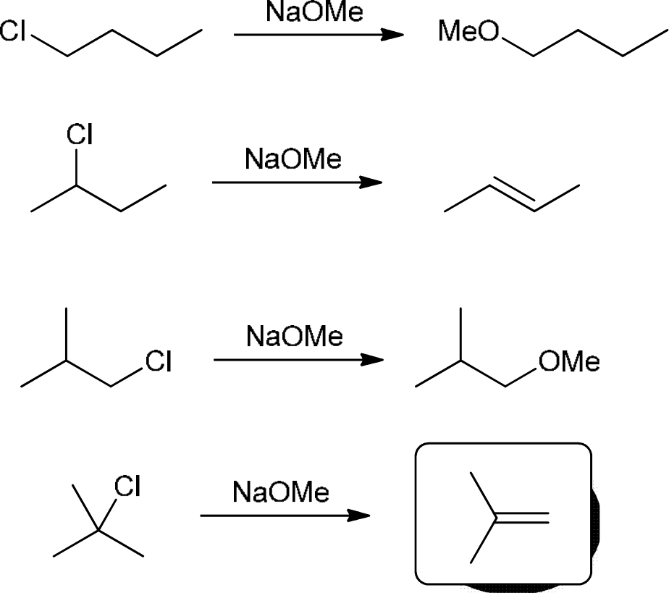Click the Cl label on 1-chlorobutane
pos(16,32)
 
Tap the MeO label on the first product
pos(469,32)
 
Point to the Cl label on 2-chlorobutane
pos(79,135)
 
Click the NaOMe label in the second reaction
pos(293,160)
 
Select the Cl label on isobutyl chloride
pos(158,361)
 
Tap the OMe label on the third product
pos(569,362)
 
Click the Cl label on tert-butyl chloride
pos(127,487)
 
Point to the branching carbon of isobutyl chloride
pos(67,359)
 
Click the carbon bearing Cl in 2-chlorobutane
pos(77,185)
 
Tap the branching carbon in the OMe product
pos(461,360)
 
